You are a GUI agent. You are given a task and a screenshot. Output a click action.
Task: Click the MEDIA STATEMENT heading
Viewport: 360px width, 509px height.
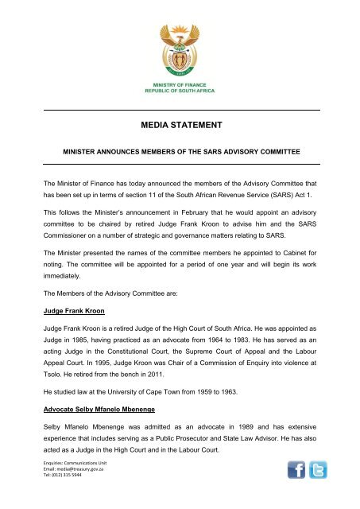tap(180, 123)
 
